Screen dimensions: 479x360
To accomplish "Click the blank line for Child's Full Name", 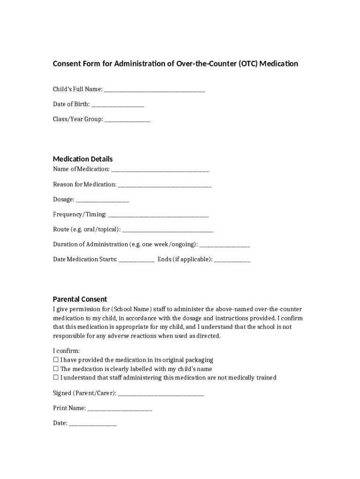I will point(154,89).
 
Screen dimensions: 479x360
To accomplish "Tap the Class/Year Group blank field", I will point(127,119).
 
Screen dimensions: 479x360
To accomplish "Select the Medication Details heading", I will point(83,159).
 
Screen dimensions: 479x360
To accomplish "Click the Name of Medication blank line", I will point(160,169).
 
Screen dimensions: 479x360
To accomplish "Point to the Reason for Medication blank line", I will point(165,185).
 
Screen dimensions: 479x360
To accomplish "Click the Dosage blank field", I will point(102,200).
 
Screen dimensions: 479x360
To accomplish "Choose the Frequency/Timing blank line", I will point(158,215).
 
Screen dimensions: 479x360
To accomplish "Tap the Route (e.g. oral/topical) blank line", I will point(168,230).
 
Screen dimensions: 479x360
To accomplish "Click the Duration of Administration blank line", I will point(225,245).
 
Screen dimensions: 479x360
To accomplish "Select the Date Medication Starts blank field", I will point(137,260).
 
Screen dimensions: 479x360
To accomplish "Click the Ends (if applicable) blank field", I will point(232,260).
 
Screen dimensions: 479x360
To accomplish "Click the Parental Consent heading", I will point(80,299).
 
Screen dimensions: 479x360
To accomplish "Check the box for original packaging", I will point(56,360).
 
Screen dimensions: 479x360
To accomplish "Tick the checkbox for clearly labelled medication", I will point(56,369).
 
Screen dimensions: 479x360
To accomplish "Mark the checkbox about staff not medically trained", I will point(56,377).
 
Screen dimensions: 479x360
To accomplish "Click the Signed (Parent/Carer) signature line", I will point(161,393).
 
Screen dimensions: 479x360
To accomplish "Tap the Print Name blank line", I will point(120,408).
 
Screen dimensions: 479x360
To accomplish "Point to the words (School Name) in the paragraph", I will point(132,310).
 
